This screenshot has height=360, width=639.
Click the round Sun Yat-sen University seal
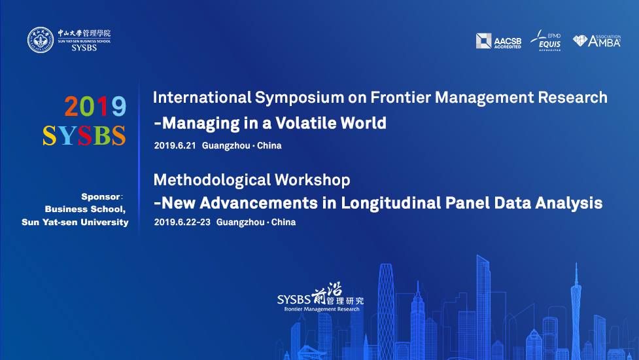tap(41, 40)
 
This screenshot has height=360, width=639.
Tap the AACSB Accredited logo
tap(498, 41)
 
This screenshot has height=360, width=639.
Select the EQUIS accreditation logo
tap(546, 41)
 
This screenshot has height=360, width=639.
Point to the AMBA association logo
tap(596, 41)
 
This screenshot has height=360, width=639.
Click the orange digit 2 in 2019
tap(71, 107)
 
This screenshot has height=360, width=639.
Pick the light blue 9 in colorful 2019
tap(118, 107)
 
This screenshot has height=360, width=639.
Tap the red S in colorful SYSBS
tap(84, 135)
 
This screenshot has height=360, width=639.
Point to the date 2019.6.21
tap(175, 145)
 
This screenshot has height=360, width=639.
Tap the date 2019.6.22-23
tap(182, 222)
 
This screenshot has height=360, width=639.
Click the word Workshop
tap(312, 180)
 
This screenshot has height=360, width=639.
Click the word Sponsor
tap(100, 196)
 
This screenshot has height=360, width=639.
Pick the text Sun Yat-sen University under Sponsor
tap(75, 222)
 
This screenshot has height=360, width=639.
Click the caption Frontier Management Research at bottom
tap(322, 309)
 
